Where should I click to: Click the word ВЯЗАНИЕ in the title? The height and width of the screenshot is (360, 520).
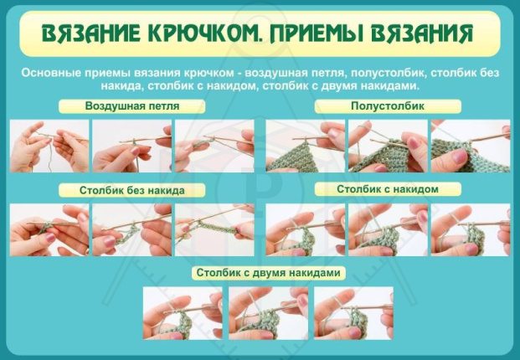click(x=93, y=34)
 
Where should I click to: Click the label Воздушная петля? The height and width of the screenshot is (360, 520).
click(x=132, y=107)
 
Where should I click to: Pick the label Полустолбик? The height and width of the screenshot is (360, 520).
click(x=388, y=107)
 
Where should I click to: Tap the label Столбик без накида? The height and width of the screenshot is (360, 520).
click(x=132, y=190)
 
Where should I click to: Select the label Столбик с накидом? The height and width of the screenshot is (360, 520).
click(x=388, y=189)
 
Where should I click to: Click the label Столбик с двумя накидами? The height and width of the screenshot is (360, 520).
click(x=267, y=273)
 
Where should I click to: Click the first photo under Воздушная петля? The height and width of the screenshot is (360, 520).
click(x=49, y=146)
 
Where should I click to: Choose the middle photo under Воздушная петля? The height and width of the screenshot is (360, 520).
click(x=131, y=146)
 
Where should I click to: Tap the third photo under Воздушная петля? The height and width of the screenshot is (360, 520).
click(x=214, y=146)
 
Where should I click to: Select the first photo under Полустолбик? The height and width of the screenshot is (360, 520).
click(x=305, y=146)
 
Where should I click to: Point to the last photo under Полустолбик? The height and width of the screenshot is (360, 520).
click(x=470, y=146)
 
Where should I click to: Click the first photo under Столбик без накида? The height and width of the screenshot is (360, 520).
click(x=49, y=229)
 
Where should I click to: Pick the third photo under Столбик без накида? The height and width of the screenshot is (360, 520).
click(x=214, y=229)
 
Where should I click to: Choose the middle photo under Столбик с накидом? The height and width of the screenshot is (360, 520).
click(x=388, y=229)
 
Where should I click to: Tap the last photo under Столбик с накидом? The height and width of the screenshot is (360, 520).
click(x=470, y=229)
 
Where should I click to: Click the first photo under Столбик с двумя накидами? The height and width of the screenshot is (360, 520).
click(x=183, y=313)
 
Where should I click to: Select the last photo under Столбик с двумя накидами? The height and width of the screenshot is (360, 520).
click(x=353, y=313)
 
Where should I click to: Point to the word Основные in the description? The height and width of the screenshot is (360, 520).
click(x=51, y=73)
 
